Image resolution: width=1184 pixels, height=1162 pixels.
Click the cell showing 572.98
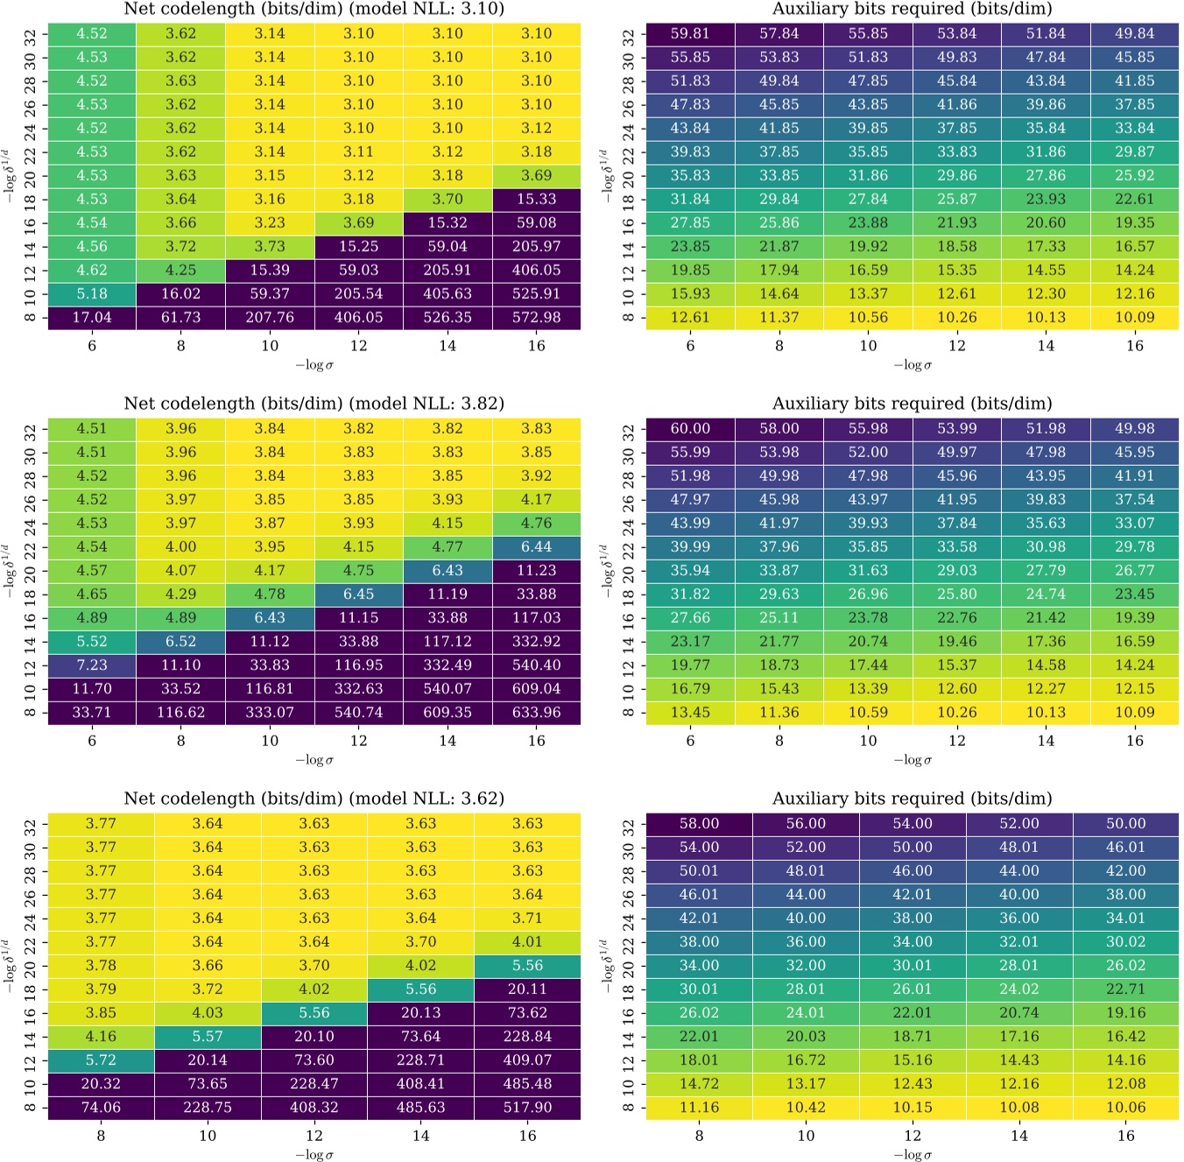[x=536, y=317]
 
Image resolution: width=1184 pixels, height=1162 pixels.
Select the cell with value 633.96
[x=536, y=712]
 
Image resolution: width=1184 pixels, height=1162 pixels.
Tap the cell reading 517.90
[x=527, y=1107]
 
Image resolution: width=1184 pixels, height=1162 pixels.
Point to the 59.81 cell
[x=690, y=33]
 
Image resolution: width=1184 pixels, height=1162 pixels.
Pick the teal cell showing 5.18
[x=92, y=293]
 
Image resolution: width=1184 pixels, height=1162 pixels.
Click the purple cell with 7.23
[x=92, y=665]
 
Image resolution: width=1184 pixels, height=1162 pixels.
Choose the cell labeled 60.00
[x=690, y=428]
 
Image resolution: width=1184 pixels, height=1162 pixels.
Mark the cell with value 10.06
[x=1125, y=1107]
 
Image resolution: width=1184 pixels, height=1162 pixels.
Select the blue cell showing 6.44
[x=536, y=546]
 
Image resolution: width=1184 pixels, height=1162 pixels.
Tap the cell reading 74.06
[x=101, y=1107]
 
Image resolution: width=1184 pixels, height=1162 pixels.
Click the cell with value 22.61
[x=1135, y=199]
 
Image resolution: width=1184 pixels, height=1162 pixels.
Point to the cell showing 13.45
[x=690, y=712]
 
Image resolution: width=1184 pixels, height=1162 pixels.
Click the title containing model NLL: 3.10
[x=314, y=10]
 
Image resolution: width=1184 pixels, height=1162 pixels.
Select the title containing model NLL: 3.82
[x=314, y=404]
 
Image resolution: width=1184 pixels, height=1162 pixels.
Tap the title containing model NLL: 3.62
[x=314, y=799]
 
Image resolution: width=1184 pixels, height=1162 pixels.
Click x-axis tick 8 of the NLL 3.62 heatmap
[x=101, y=1136]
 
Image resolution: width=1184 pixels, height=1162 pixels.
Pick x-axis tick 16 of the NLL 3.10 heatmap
[x=536, y=346]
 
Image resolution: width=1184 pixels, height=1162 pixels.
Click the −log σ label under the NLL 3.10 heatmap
[x=314, y=365]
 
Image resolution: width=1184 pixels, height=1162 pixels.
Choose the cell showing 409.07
[x=527, y=1060]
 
